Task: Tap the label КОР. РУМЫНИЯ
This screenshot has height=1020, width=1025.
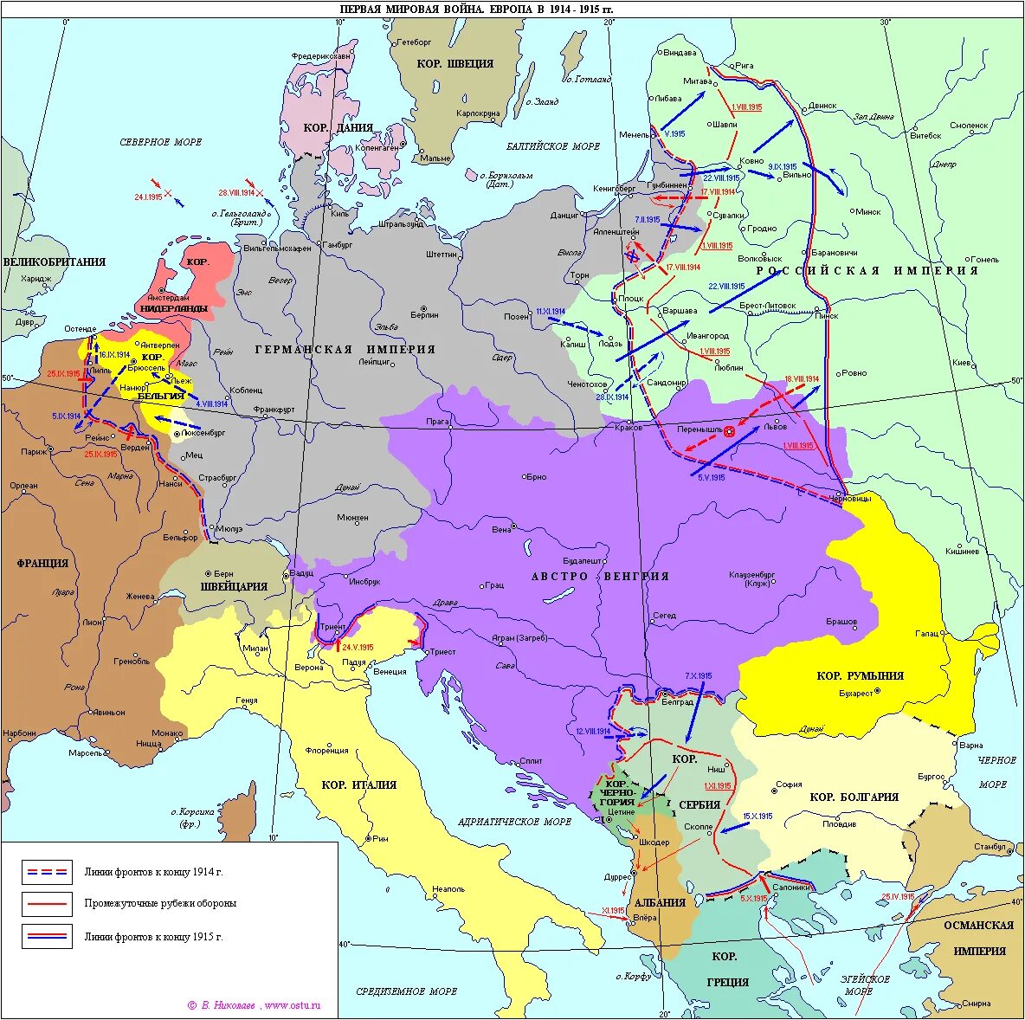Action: pos(860,675)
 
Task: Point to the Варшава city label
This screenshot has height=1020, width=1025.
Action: pos(679,310)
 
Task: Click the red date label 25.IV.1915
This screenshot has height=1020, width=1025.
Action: pos(898,896)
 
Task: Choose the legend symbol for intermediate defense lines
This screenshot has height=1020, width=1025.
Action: pos(47,904)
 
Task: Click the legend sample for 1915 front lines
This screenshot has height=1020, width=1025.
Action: pos(47,936)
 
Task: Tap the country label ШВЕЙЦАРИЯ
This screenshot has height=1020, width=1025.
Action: pos(234,586)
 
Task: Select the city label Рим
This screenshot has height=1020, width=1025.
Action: pos(381,838)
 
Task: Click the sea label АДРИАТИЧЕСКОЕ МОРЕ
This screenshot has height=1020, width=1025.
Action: pos(514,821)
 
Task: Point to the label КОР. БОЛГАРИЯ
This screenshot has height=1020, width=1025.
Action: pos(854,797)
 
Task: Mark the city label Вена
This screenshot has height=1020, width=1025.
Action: pos(501,529)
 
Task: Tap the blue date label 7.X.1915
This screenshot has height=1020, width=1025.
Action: pos(698,675)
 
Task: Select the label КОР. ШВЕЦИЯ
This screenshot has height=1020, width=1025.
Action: pos(454,63)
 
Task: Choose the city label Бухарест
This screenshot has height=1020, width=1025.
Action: pos(856,693)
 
